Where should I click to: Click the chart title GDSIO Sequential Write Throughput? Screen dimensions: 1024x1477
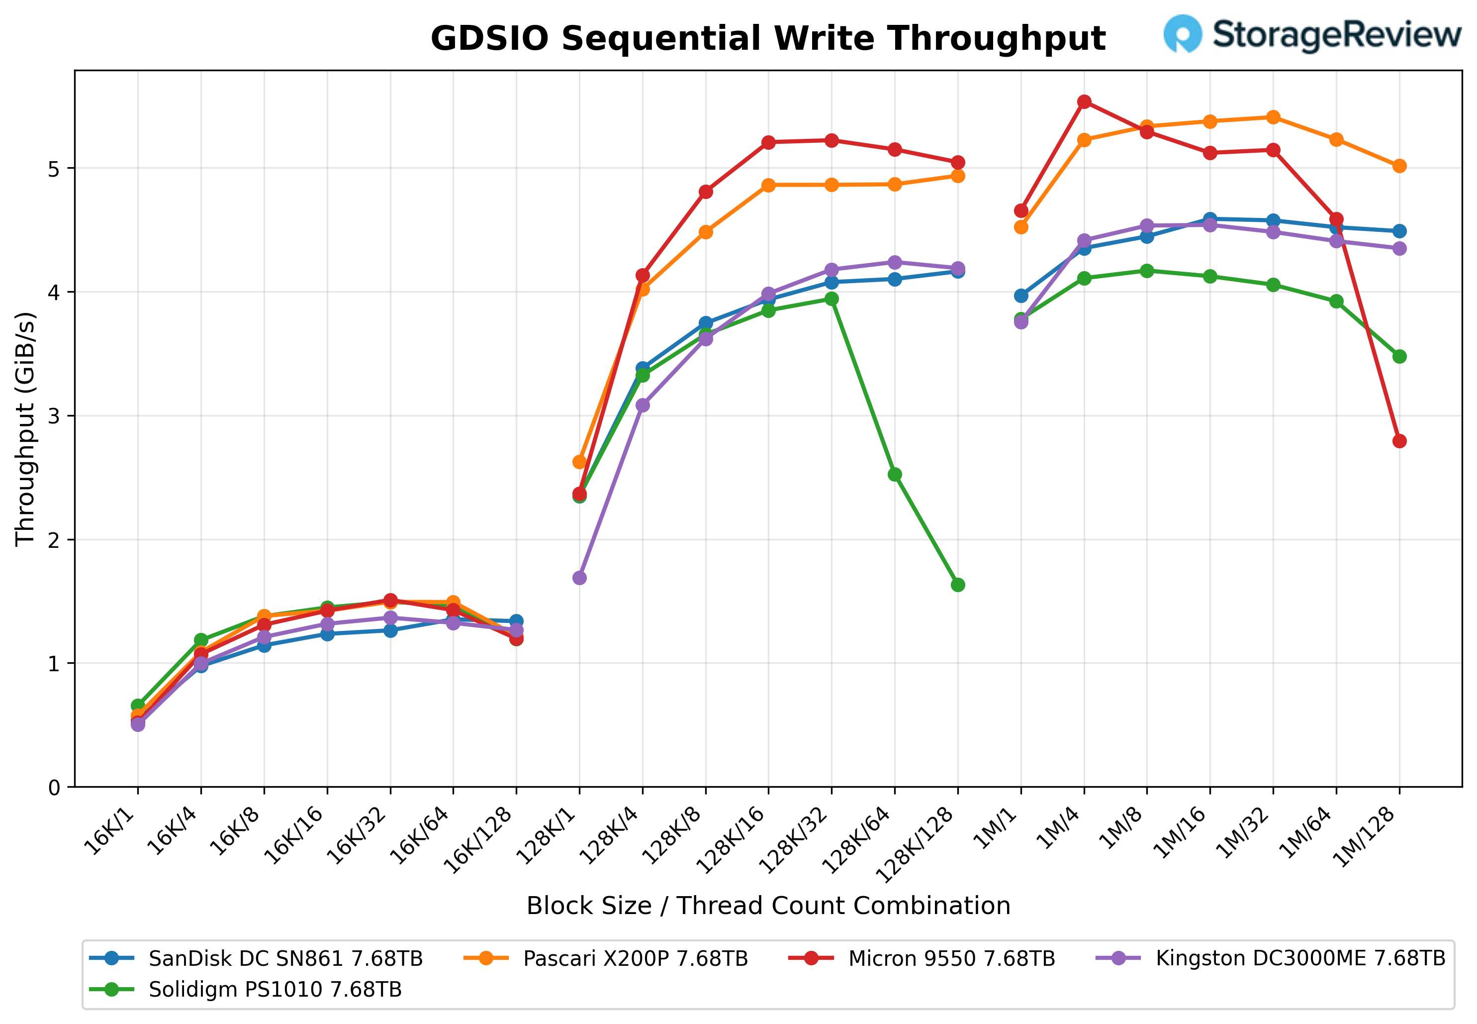tap(768, 38)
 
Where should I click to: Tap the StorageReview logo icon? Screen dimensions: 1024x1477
tap(1182, 33)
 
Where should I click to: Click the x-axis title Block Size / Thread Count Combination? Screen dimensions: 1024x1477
tap(768, 905)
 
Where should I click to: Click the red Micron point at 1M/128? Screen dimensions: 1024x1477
tap(1399, 441)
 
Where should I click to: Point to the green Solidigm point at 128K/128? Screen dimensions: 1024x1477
tap(957, 585)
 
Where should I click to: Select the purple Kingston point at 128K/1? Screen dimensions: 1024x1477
tap(579, 578)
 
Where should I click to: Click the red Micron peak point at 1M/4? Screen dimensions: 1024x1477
tap(1084, 102)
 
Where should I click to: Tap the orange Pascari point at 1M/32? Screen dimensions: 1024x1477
tap(1273, 117)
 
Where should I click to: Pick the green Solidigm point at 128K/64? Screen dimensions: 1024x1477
tap(895, 475)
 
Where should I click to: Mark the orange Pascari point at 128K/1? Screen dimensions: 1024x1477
tap(579, 462)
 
